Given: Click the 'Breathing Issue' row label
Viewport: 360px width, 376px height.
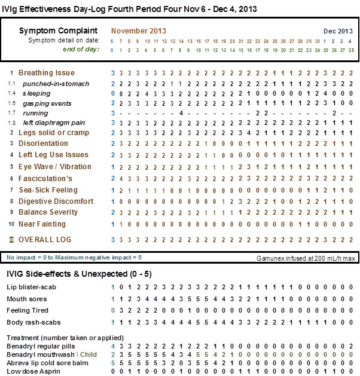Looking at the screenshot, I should [x=47, y=73].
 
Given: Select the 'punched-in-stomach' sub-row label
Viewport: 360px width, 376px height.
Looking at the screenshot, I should [x=56, y=84].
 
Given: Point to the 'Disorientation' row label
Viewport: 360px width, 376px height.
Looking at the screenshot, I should [x=43, y=143].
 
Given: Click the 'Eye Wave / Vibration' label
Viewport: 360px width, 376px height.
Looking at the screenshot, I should [x=55, y=167].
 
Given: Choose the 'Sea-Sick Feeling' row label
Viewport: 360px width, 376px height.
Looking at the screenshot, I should [x=48, y=190].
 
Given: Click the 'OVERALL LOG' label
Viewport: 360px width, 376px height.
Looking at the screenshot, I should [x=45, y=240].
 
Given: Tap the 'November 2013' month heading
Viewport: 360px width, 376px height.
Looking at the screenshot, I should [x=139, y=31].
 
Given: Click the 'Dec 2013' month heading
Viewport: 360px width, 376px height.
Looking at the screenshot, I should [x=338, y=31].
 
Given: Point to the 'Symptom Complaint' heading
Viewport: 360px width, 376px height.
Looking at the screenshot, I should [x=59, y=30].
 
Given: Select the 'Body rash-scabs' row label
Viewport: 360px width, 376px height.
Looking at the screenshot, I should [x=30, y=322].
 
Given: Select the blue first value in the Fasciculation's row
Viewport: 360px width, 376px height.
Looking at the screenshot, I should [x=112, y=178].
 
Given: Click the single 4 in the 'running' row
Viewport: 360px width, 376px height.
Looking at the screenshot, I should [x=181, y=113].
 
